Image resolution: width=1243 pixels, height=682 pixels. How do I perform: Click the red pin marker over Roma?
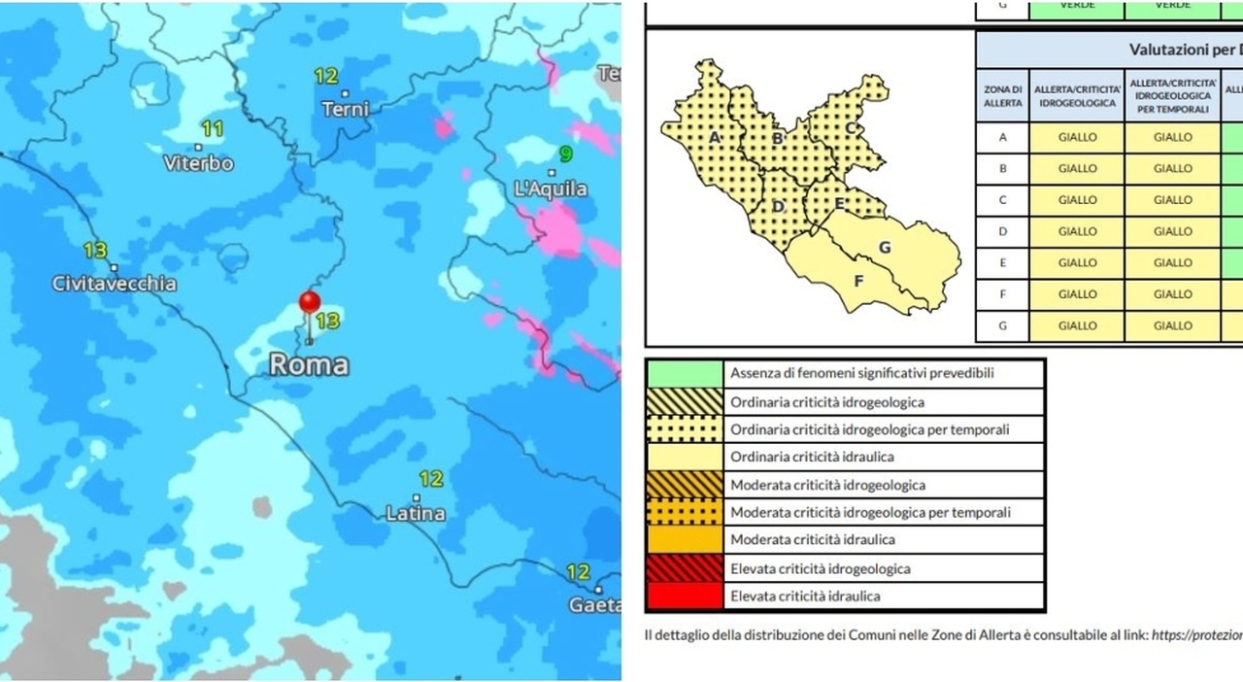pos(309,303)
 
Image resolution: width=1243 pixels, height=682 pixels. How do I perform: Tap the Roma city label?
pos(308,365)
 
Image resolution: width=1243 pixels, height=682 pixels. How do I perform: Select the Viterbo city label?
pos(198,163)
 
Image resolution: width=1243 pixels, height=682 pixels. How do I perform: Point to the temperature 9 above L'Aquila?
pos(565,154)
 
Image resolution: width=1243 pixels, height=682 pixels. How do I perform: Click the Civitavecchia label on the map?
pos(115,284)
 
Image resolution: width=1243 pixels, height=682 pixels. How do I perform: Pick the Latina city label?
pos(416,513)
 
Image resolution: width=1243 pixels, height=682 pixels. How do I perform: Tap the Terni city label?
pos(345,109)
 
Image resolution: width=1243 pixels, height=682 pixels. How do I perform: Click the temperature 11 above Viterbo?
pos(212,129)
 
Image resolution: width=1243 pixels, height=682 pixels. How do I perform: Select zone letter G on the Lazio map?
pos(885,247)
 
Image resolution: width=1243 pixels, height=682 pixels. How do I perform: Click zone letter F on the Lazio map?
pos(857,282)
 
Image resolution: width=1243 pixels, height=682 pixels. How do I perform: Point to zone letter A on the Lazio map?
pos(715,138)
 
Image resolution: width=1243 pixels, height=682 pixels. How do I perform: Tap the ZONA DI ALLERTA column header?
pos(1002,95)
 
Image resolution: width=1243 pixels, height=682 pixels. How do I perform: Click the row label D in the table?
pos(1002,231)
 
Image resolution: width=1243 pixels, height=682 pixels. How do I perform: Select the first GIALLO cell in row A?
pos(1077,137)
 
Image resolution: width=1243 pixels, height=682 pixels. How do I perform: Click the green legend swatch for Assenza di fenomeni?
pos(685,373)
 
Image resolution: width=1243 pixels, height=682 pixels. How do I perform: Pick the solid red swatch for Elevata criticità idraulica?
pos(685,597)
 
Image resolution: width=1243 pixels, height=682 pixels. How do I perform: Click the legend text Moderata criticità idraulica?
pos(812,540)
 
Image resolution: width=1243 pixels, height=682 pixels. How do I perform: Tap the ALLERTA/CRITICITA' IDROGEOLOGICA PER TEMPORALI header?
pos(1172,95)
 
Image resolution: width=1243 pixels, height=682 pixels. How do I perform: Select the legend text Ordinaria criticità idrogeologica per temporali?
pos(869,429)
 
